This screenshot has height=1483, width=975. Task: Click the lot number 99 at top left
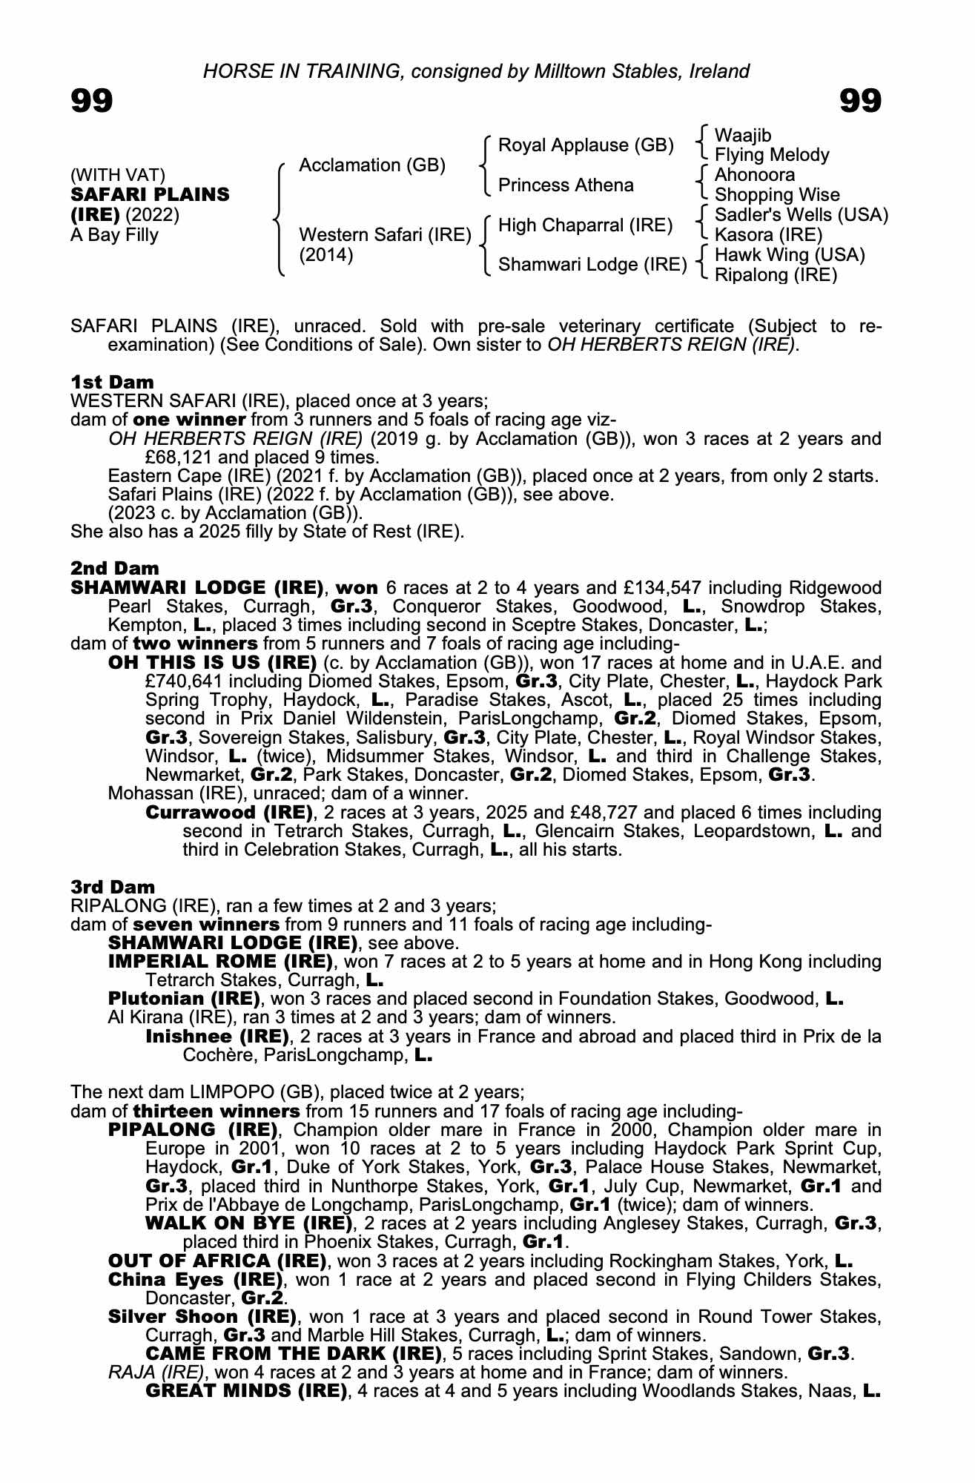pyautogui.click(x=92, y=101)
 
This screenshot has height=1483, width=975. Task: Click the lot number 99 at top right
pyautogui.click(x=860, y=101)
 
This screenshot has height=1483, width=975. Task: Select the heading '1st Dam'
pyautogui.click(x=113, y=382)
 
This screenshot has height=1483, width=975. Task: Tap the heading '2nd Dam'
pyautogui.click(x=115, y=568)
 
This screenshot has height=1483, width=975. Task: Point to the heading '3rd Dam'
pyautogui.click(x=113, y=887)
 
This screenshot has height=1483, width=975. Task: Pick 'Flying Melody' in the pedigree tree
pyautogui.click(x=771, y=155)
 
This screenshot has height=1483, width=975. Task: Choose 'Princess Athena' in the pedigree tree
pyautogui.click(x=566, y=185)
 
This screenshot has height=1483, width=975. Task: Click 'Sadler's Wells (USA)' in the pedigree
pyautogui.click(x=801, y=215)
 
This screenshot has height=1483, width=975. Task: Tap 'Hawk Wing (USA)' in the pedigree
pyautogui.click(x=790, y=255)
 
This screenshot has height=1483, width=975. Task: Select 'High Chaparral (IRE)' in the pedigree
pyautogui.click(x=585, y=225)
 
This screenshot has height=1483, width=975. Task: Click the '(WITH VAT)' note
pyautogui.click(x=118, y=175)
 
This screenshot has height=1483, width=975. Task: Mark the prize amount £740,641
pyautogui.click(x=179, y=681)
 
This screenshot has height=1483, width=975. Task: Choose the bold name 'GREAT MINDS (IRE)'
pyautogui.click(x=246, y=1390)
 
